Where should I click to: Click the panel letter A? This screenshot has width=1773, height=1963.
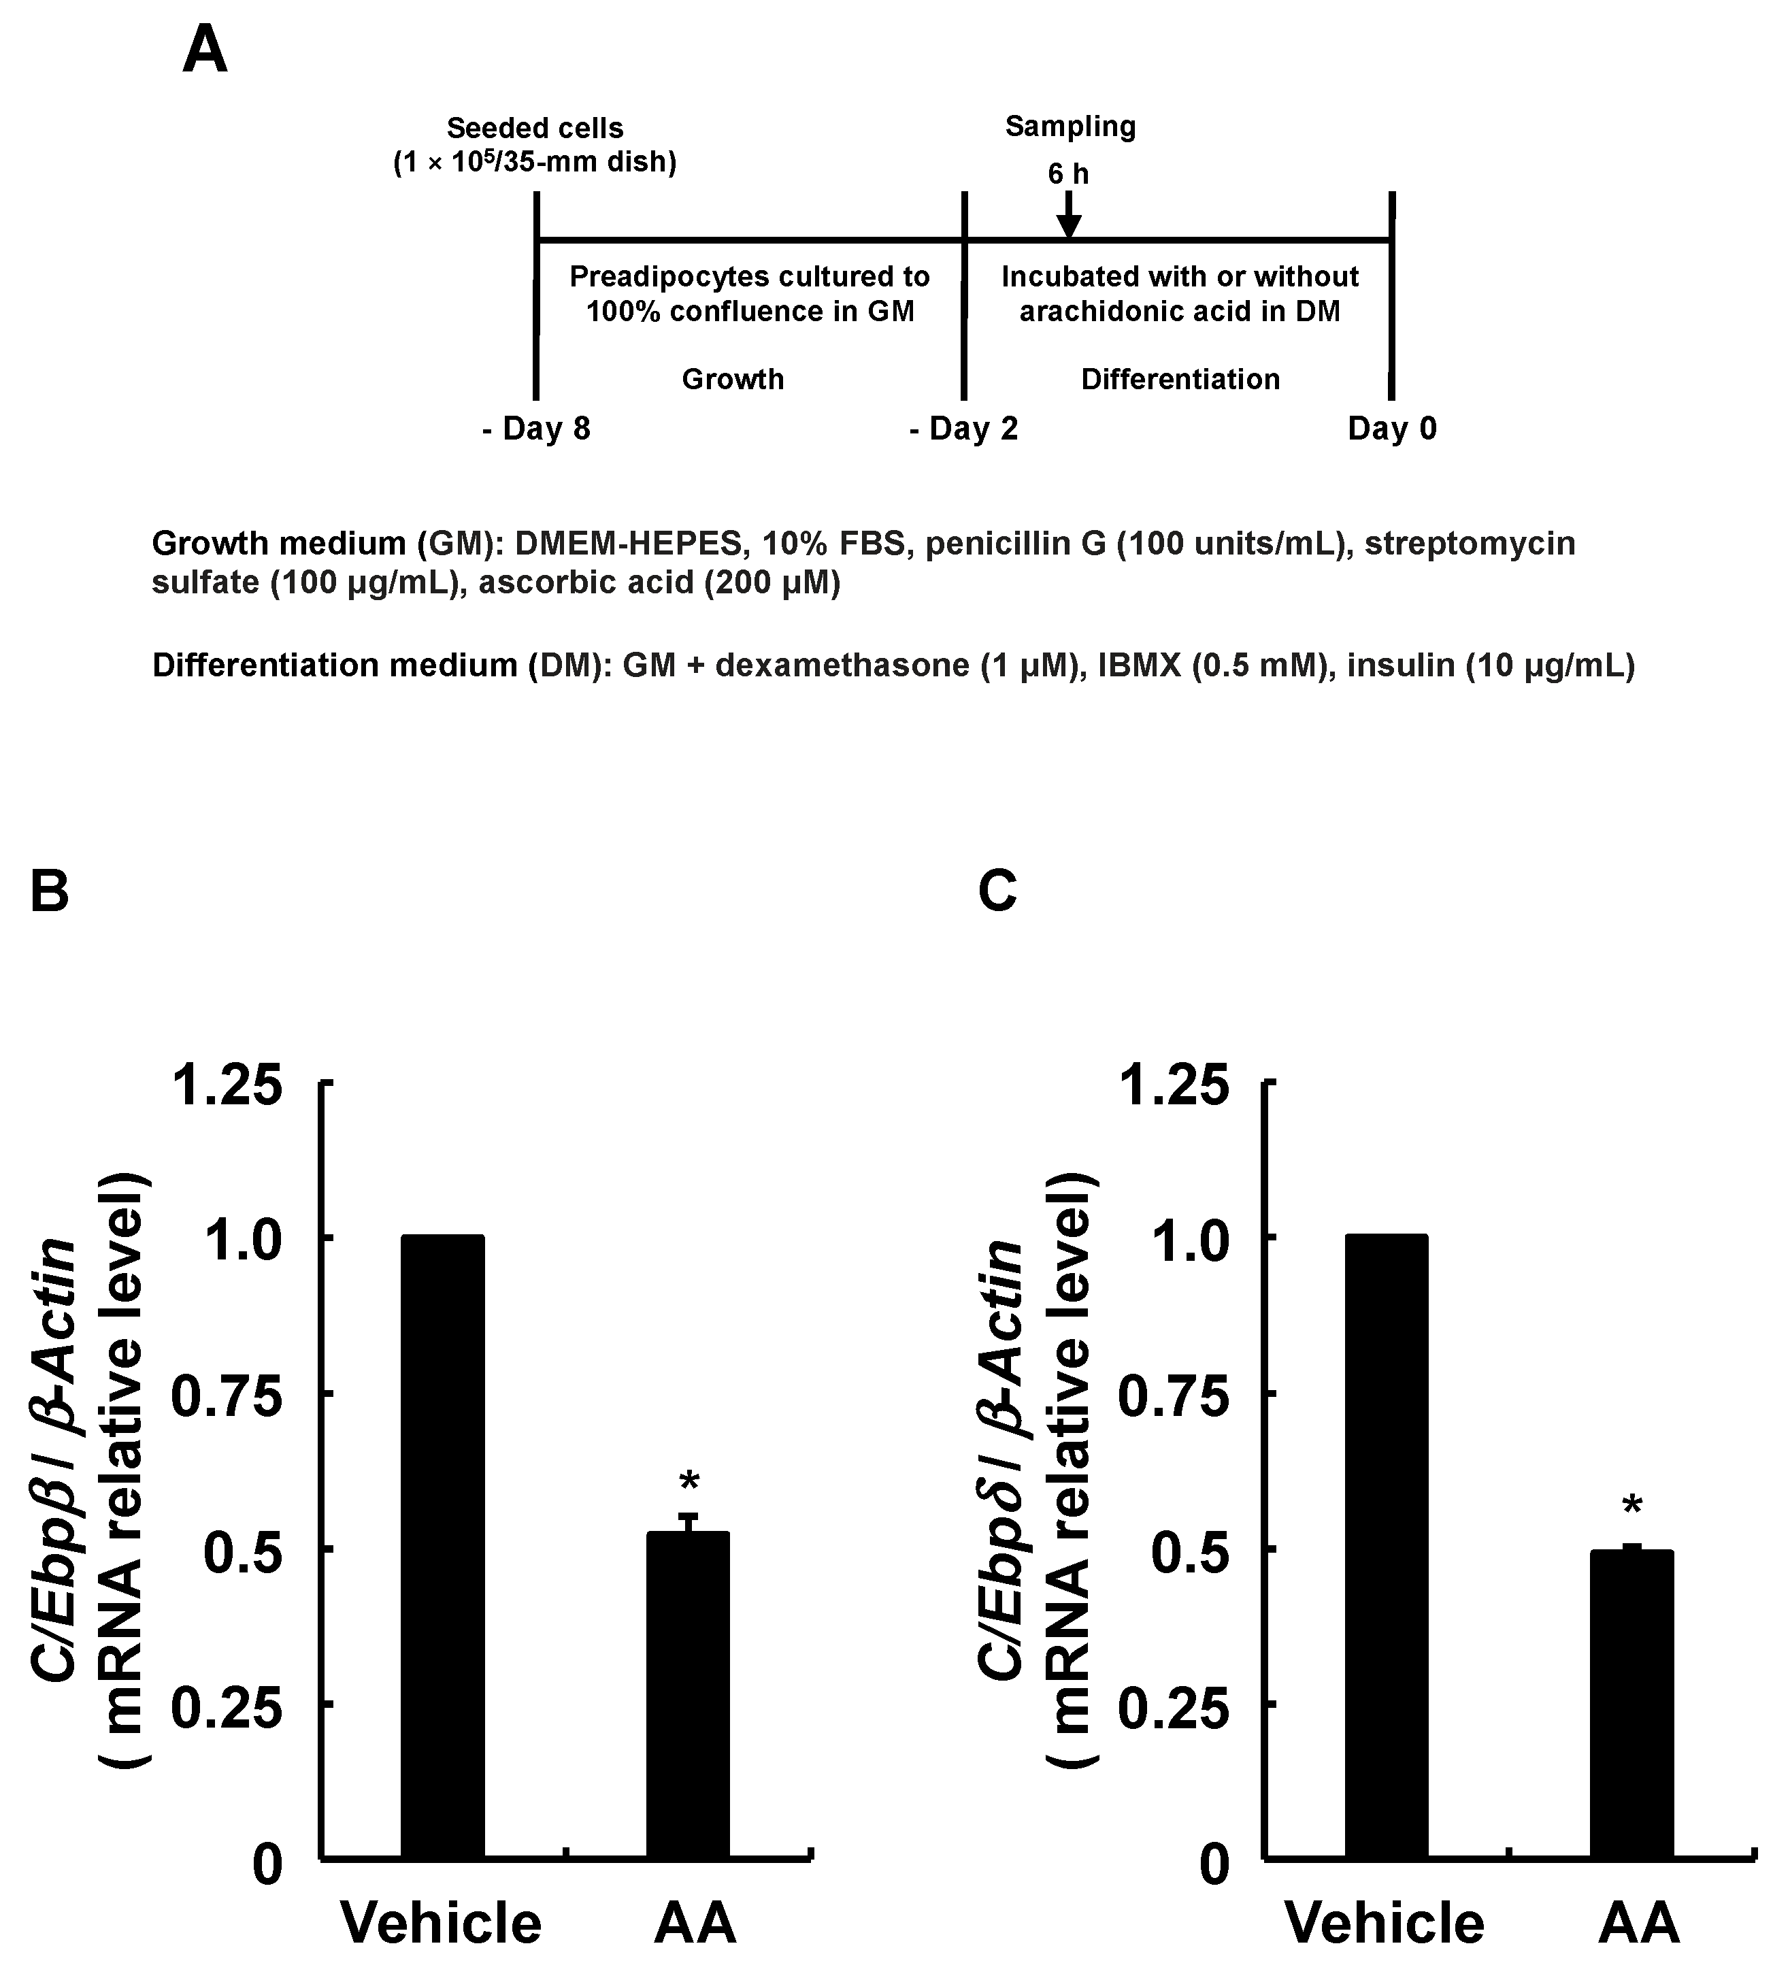click(205, 50)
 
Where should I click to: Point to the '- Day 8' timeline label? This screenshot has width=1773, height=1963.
click(537, 429)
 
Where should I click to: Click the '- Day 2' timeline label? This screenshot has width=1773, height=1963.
click(964, 429)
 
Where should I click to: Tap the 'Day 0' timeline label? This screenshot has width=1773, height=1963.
click(1391, 429)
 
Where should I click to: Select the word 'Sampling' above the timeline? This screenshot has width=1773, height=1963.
click(1070, 127)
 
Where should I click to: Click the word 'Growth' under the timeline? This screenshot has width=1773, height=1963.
click(732, 379)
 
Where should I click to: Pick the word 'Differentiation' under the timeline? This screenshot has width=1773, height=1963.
click(1180, 379)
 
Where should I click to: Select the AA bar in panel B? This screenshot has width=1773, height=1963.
click(689, 1694)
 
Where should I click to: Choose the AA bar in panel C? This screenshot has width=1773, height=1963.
click(1631, 1704)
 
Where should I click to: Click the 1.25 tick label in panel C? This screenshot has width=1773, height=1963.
click(1173, 1086)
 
